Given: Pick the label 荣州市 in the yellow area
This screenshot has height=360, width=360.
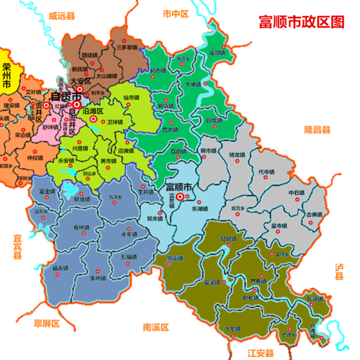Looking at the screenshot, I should point(8,76).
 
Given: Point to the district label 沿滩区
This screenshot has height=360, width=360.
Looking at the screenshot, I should point(95,112).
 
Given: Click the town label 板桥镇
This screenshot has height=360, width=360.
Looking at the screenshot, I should point(81,228).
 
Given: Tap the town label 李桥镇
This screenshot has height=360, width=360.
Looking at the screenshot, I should point(99,277).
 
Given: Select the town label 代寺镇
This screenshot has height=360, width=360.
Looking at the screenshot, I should point(266,173).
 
